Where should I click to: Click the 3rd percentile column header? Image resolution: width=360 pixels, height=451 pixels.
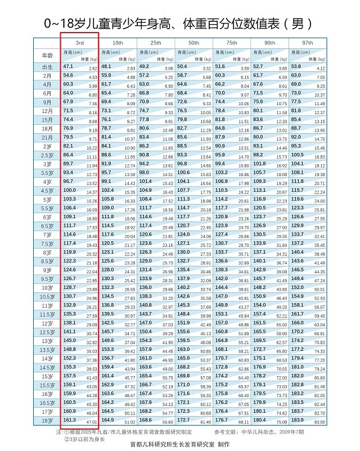click(80, 43)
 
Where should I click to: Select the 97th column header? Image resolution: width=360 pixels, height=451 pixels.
click(307, 43)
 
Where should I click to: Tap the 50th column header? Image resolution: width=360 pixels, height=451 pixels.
click(193, 43)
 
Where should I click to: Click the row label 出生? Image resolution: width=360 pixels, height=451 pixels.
click(47, 67)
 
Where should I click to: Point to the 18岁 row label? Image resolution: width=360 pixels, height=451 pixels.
click(47, 420)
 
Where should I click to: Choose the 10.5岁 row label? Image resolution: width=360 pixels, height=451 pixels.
click(47, 296)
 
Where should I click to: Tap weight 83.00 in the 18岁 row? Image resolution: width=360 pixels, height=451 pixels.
click(319, 422)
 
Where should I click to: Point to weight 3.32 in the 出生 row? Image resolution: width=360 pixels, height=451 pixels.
click(206, 69)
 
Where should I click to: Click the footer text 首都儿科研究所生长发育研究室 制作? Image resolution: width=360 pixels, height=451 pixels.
click(180, 444)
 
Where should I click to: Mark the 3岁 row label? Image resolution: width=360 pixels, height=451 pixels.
click(47, 164)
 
